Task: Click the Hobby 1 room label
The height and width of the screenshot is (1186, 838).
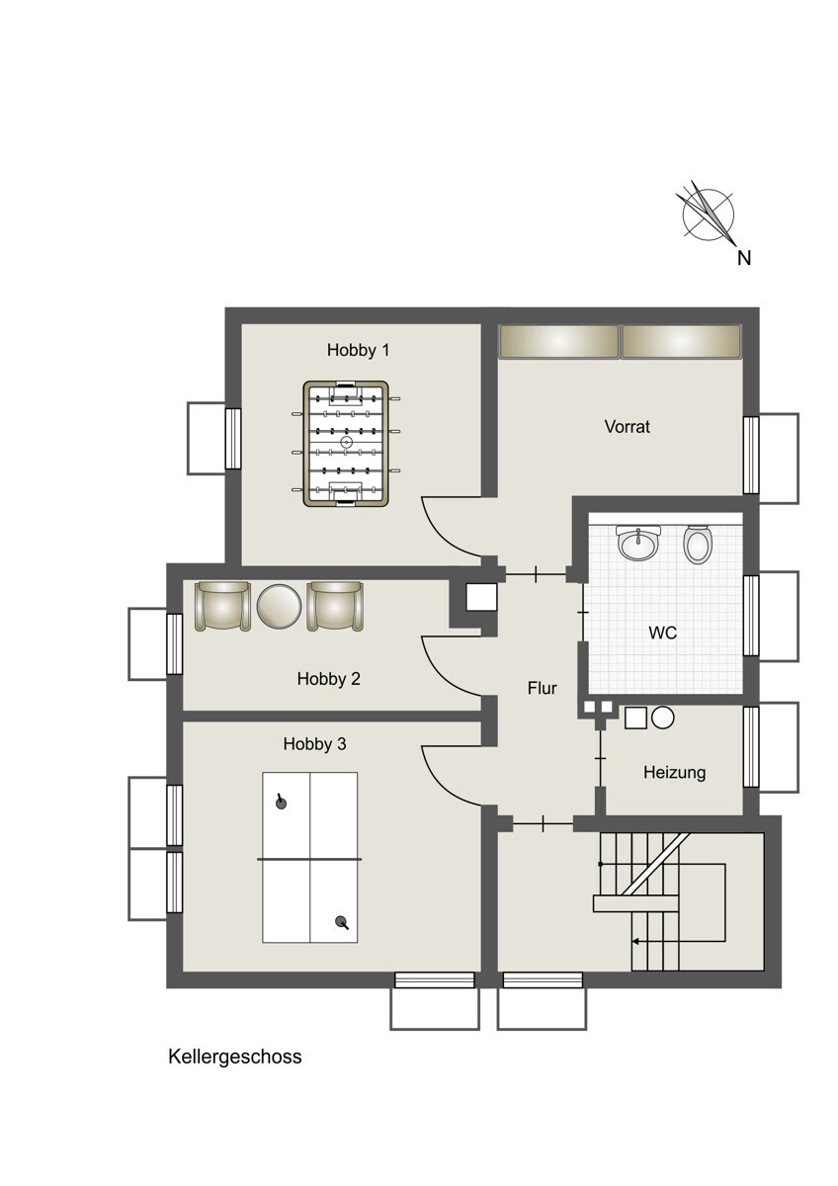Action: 359,350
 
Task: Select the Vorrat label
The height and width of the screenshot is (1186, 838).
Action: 628,427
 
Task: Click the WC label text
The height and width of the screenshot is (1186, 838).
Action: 663,633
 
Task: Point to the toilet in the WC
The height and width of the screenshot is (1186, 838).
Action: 697,545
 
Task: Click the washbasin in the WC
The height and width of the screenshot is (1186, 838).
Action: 638,542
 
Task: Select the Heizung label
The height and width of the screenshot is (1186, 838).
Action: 674,773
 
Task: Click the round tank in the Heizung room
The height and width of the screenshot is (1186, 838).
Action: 662,719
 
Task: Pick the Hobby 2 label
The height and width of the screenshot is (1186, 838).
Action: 328,679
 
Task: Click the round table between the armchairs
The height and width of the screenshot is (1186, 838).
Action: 279,606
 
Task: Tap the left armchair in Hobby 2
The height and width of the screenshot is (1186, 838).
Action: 223,606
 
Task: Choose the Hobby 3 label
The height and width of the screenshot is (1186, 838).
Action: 314,744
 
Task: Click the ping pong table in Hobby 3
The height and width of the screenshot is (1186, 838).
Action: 310,857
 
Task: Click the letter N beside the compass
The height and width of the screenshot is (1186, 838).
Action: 745,259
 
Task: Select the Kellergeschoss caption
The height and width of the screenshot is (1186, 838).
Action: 235,1057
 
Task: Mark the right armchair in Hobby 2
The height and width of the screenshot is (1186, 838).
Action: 335,606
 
